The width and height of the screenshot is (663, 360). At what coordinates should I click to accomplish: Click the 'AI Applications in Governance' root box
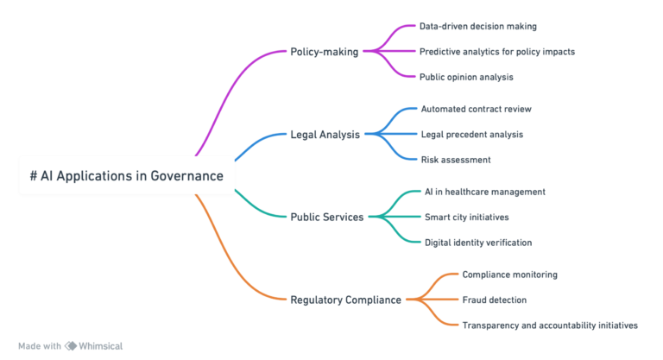click(x=126, y=175)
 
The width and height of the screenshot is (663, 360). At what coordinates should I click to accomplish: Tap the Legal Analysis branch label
click(x=325, y=135)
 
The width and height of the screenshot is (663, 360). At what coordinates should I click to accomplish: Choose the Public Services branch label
click(x=326, y=216)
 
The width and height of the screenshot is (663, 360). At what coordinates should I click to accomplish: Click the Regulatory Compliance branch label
click(x=345, y=300)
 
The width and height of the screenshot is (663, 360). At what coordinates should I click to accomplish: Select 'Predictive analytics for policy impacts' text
click(x=496, y=51)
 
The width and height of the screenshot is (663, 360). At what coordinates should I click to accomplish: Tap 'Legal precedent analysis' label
click(x=471, y=134)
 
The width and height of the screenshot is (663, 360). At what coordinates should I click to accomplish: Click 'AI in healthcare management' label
click(x=484, y=192)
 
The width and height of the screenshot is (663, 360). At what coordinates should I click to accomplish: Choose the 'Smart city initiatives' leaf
click(x=466, y=217)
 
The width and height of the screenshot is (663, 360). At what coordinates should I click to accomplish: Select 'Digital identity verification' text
click(x=477, y=242)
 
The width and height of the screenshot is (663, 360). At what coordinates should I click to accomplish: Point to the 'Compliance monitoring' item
click(x=509, y=275)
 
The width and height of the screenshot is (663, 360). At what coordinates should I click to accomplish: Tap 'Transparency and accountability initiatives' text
click(x=549, y=325)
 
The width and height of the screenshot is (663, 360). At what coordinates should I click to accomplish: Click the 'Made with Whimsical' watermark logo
click(x=71, y=345)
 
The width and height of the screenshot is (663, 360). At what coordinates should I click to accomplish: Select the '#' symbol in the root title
click(x=33, y=175)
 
